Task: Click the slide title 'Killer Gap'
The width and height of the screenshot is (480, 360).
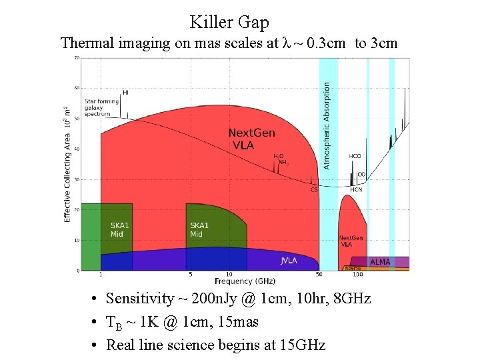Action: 229,22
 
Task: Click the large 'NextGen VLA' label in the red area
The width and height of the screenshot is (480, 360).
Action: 251,139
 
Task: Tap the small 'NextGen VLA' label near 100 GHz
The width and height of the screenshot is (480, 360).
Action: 351,241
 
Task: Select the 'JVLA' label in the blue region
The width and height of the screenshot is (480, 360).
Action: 289,261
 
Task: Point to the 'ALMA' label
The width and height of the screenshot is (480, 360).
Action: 380,262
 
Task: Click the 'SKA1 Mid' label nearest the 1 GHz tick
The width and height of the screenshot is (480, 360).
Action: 120,230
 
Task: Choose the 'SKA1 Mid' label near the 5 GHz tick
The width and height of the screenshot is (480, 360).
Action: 200,230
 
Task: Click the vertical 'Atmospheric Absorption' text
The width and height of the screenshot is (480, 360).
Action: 327,125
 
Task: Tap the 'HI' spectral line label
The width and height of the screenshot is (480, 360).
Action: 125,93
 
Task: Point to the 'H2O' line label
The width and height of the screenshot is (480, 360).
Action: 279,156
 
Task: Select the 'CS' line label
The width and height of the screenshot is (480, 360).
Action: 314,189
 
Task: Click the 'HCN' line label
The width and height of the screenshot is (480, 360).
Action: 356,189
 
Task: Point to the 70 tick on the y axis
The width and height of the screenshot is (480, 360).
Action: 77,58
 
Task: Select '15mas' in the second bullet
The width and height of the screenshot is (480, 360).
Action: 239,322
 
